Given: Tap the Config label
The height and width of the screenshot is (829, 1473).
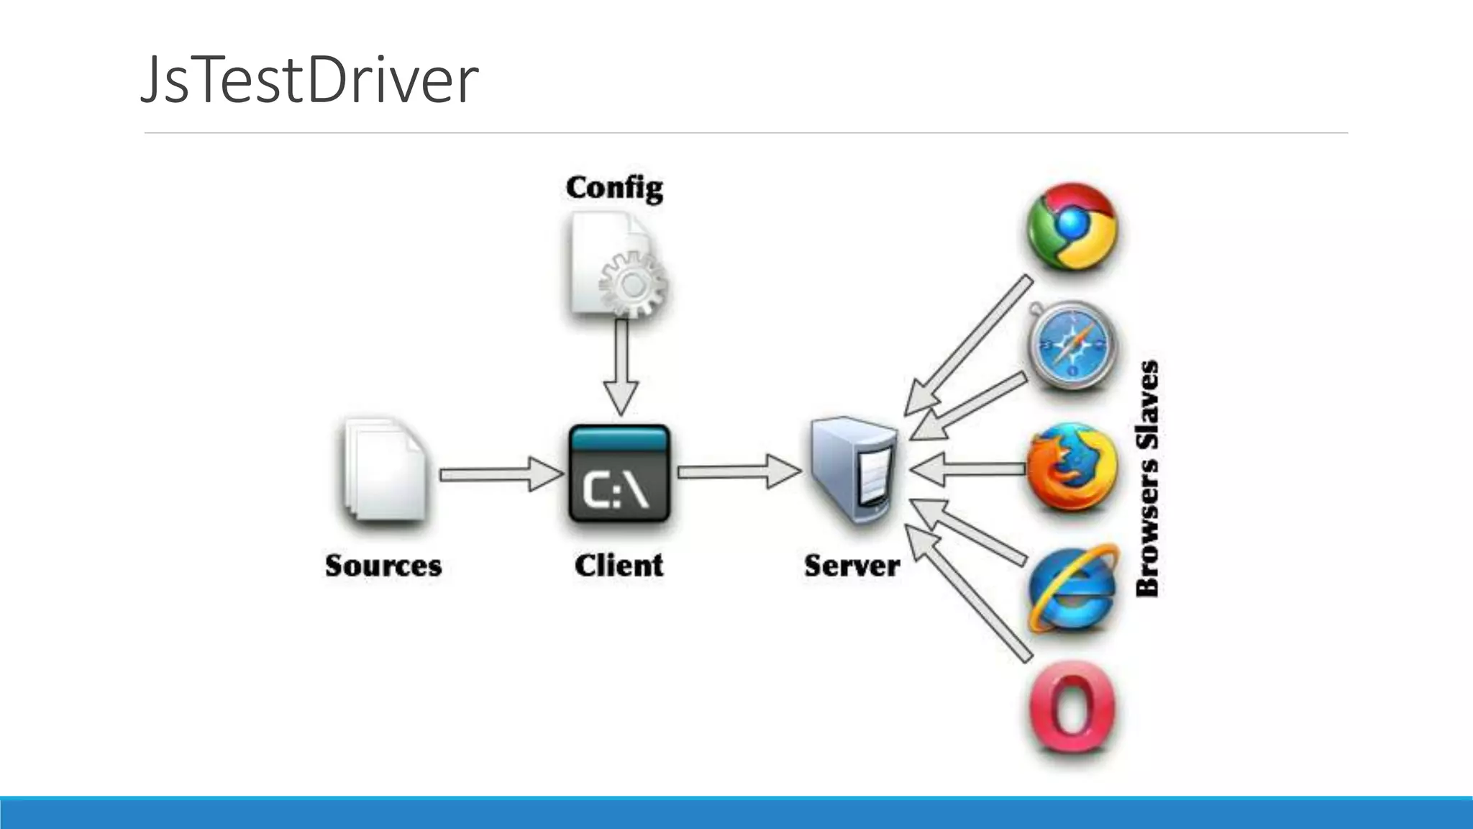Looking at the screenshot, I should click(x=614, y=188).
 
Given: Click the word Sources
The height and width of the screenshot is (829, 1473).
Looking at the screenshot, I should click(x=383, y=566).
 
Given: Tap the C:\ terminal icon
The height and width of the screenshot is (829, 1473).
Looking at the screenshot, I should click(x=619, y=474).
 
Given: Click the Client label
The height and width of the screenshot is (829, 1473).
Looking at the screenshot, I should click(x=619, y=566).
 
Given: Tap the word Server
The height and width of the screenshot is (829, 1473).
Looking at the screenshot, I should click(x=852, y=566).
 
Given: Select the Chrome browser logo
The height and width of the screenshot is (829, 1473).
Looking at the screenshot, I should click(x=1072, y=227).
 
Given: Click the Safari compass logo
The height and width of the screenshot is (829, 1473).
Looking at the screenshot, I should click(x=1072, y=345).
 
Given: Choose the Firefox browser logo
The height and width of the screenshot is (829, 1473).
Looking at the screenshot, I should click(x=1072, y=468).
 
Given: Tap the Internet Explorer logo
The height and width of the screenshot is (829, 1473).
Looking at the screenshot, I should click(x=1072, y=589).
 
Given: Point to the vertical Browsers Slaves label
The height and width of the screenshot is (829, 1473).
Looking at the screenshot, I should click(x=1148, y=479).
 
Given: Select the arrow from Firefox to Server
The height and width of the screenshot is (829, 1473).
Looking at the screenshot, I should click(x=967, y=470).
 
